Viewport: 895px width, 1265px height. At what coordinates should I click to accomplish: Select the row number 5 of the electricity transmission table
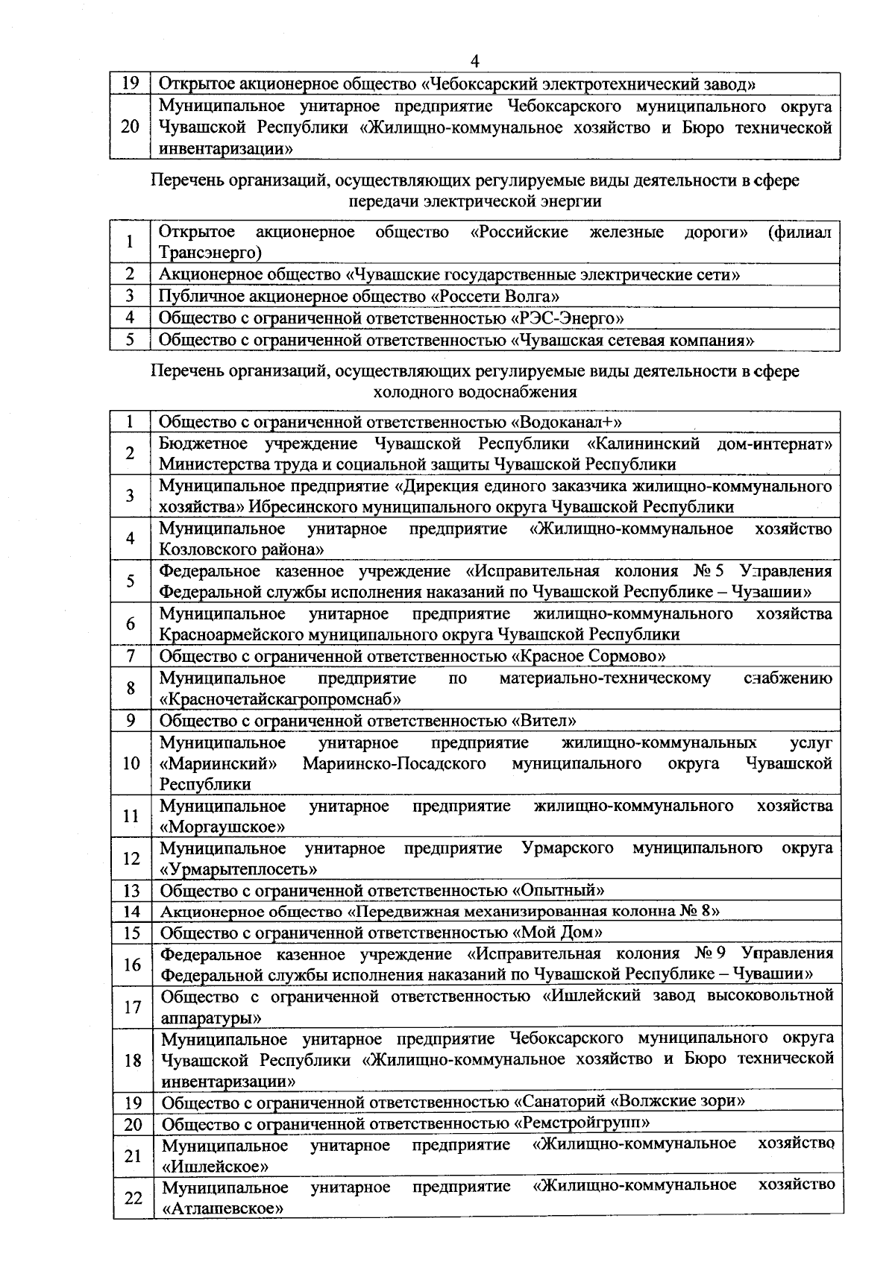coord(130,340)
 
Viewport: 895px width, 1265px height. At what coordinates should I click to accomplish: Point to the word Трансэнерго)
coord(210,253)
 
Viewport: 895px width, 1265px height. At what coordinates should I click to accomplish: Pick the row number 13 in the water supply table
coord(132,891)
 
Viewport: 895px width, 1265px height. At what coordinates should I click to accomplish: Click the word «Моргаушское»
coord(223,827)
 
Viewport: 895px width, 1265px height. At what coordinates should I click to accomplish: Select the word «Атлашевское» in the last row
coord(222,1208)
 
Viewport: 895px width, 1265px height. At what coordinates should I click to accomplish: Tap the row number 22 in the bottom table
coord(133,1198)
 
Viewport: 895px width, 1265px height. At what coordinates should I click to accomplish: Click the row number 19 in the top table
coord(131,83)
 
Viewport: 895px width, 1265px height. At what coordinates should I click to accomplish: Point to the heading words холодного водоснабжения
coord(475,391)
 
